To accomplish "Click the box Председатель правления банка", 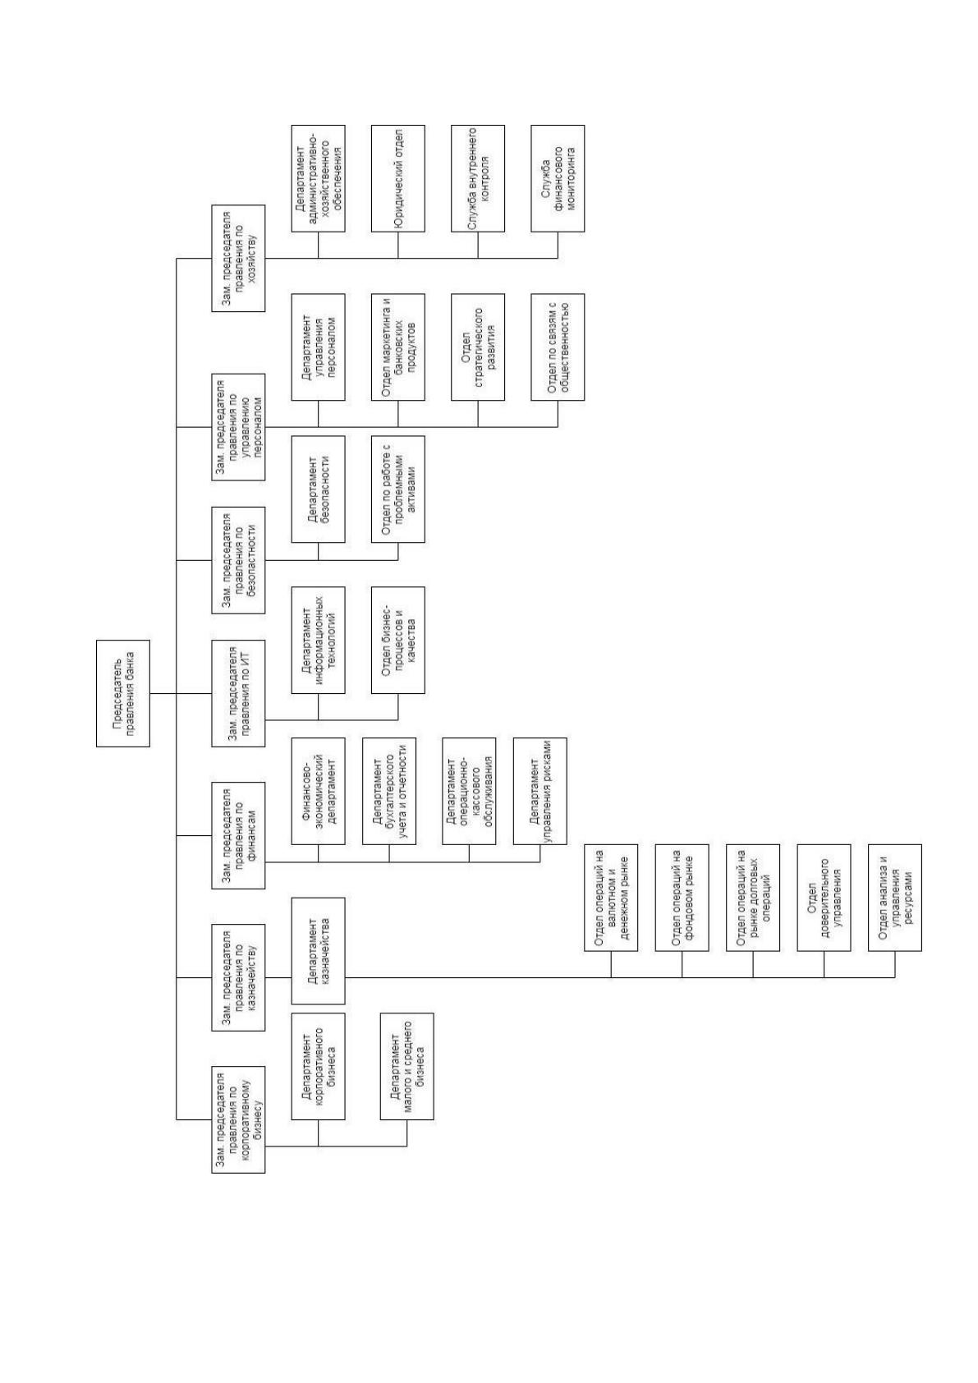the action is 123,693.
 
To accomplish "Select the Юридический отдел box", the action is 397,178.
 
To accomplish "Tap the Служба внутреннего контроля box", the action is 477,178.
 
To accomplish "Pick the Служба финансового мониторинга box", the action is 558,178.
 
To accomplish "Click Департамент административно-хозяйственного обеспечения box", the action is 318,178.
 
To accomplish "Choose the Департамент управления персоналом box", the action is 318,347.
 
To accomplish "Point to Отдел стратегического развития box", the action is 477,347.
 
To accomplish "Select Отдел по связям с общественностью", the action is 558,347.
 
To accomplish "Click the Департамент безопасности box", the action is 318,489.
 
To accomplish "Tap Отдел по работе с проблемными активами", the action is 397,489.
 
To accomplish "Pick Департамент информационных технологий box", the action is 318,641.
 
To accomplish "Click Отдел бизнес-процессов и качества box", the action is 397,641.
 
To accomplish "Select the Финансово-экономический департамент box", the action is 318,792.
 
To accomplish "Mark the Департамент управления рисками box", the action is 540,792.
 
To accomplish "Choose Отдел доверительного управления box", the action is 824,898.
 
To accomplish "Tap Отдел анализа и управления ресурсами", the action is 894,898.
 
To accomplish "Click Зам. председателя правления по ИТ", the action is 238,693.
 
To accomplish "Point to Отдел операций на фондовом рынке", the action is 682,898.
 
